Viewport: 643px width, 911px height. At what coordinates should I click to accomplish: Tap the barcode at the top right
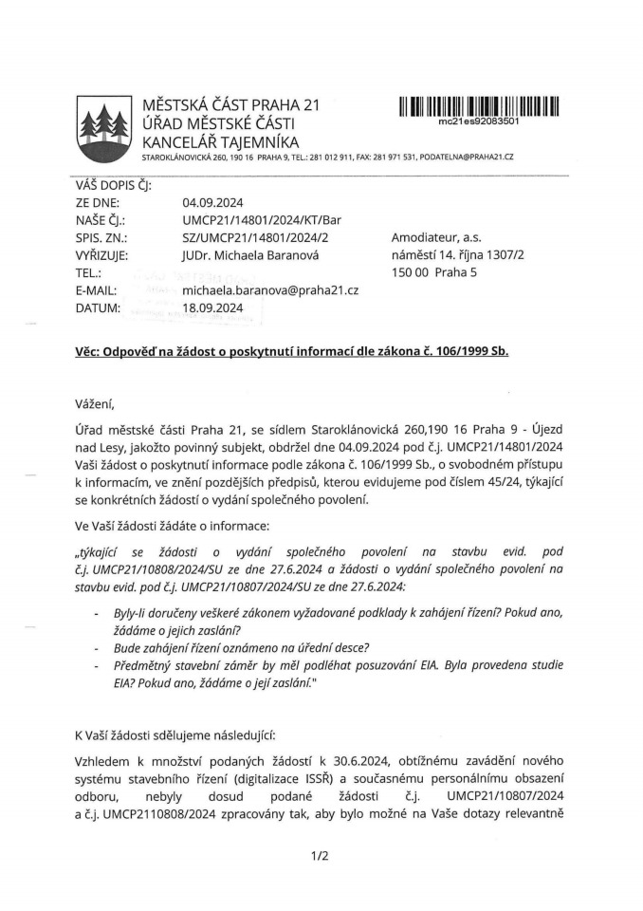coord(479,106)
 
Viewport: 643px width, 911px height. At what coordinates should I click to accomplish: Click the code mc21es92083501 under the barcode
coord(478,121)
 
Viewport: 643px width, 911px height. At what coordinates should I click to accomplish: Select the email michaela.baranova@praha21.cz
coord(270,290)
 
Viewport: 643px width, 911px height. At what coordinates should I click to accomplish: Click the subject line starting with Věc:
coord(293,350)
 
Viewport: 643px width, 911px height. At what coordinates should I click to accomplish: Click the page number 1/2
coord(320,856)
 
